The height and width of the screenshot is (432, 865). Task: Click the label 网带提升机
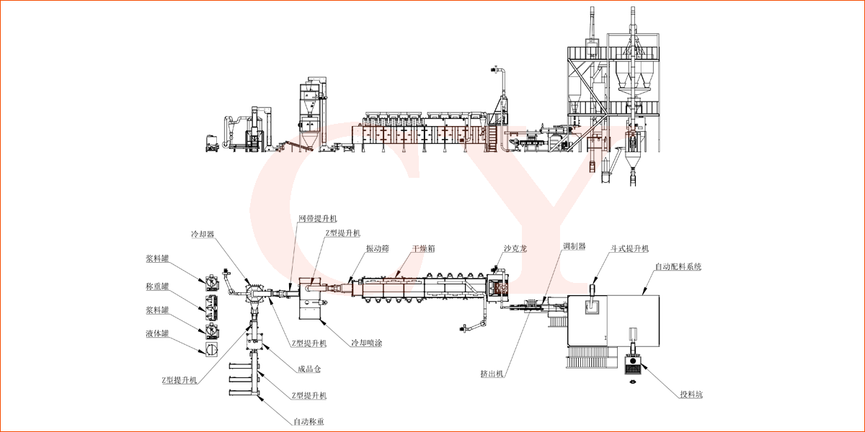click(x=317, y=218)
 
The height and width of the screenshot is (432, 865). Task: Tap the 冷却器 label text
click(x=203, y=235)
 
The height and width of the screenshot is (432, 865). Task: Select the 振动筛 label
click(x=377, y=248)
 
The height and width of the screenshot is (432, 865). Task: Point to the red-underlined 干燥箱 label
click(x=423, y=248)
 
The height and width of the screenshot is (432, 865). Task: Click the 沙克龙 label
click(x=515, y=248)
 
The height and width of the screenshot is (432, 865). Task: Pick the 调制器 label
click(x=574, y=246)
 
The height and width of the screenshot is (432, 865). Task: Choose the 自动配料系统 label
click(x=678, y=266)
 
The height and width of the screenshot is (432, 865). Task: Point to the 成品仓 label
click(x=309, y=369)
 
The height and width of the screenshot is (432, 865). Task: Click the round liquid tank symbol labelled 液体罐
click(x=211, y=348)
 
